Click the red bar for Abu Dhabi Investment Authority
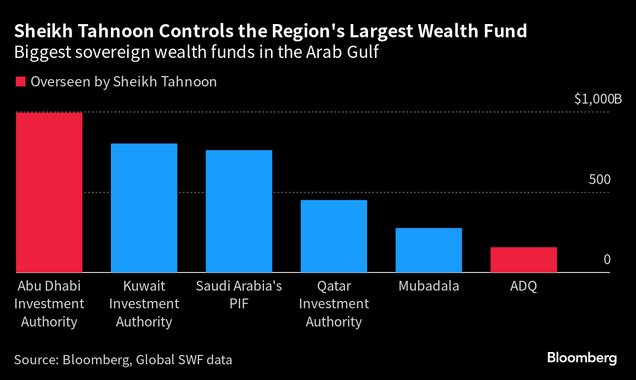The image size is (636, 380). click(x=49, y=192)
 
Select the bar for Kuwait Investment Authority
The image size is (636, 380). click(x=144, y=208)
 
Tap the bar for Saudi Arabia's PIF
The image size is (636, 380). click(x=239, y=211)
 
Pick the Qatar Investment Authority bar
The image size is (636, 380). click(x=334, y=236)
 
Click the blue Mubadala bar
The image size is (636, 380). click(x=428, y=250)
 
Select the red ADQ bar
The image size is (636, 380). click(x=524, y=260)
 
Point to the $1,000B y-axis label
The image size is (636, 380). click(x=598, y=100)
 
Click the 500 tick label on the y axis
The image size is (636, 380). click(x=600, y=180)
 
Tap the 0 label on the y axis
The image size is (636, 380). click(x=607, y=259)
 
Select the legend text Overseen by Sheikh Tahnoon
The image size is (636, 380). click(x=124, y=81)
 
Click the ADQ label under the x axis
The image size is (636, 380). click(x=524, y=286)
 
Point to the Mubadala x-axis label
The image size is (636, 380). click(x=428, y=286)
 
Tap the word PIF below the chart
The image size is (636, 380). click(x=239, y=304)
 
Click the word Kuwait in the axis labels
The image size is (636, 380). click(x=144, y=286)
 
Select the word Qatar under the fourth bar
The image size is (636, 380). click(x=334, y=286)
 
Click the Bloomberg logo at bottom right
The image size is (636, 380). click(x=582, y=358)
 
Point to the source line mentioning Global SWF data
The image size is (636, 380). click(x=123, y=360)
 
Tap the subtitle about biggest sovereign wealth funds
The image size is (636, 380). click(x=196, y=52)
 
